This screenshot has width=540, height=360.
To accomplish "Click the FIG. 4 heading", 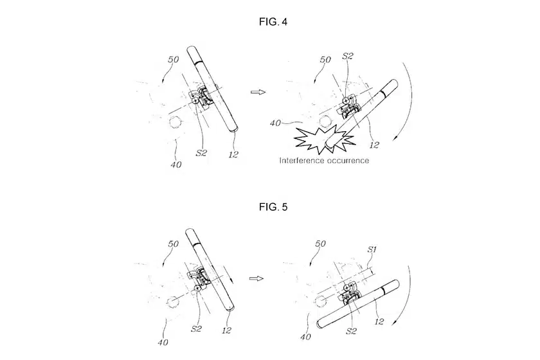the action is [x=273, y=22].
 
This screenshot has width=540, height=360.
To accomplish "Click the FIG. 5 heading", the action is [x=273, y=207].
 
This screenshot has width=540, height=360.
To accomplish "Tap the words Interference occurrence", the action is [x=324, y=161].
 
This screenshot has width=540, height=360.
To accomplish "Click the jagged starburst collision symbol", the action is [x=324, y=139].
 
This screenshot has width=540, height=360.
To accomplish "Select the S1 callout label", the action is [x=372, y=249].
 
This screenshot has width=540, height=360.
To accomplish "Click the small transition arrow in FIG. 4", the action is [x=258, y=92].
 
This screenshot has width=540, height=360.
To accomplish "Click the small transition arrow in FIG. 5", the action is [x=256, y=278].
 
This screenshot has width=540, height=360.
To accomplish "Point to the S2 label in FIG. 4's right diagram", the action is [x=348, y=56].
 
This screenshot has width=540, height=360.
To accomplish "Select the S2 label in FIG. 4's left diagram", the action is [x=201, y=152].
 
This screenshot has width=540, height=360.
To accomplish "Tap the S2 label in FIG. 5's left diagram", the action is [x=196, y=328].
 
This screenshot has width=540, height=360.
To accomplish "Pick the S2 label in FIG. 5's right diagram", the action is [x=351, y=331].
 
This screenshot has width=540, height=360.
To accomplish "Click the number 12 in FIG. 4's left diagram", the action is [x=233, y=154].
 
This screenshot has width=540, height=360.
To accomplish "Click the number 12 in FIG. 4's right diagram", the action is [x=374, y=145].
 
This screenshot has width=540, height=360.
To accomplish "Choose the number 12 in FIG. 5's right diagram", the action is [x=379, y=321].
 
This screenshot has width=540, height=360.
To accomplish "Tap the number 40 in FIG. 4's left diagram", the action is [x=176, y=165].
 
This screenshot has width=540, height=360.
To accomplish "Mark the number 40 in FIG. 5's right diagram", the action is [x=306, y=337].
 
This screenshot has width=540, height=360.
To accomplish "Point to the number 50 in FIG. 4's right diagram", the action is [x=325, y=60].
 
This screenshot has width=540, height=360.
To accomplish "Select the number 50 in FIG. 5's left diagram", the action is [x=173, y=244].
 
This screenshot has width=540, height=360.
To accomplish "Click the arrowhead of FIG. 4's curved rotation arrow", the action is [x=394, y=138].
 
